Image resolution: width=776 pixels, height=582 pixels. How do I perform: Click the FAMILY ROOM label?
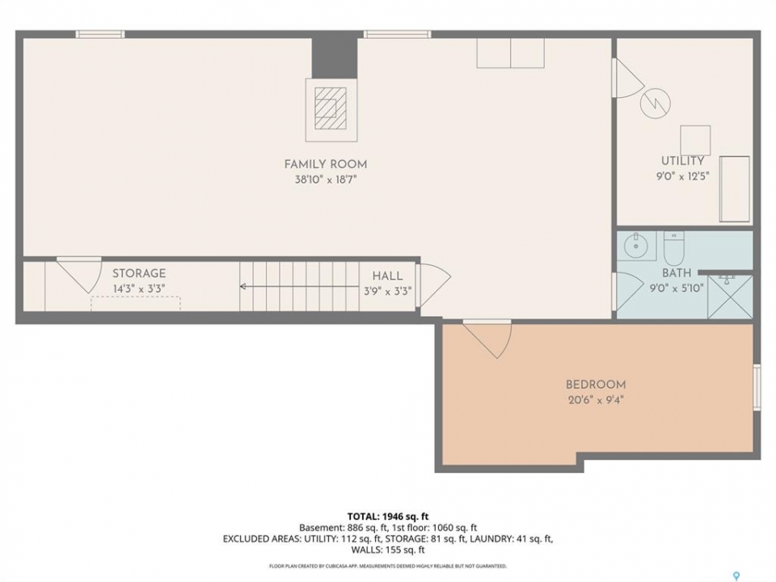tap(326, 164)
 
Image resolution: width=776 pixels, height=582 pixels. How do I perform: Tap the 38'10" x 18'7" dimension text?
tap(326, 179)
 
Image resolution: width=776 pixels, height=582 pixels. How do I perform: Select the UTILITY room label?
tap(683, 161)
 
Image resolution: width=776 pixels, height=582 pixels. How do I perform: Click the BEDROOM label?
tap(596, 385)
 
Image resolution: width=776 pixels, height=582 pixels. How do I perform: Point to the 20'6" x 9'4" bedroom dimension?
tap(596, 400)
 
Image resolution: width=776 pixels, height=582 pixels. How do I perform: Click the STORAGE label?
tap(139, 273)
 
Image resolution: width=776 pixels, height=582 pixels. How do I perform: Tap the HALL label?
tap(387, 276)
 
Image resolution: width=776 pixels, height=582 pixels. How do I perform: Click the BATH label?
tap(677, 272)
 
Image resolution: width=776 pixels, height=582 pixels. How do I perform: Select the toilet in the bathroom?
tap(673, 248)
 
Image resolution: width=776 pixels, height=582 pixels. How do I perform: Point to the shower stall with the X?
tap(731, 297)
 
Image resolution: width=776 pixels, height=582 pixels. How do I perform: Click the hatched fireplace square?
tap(331, 108)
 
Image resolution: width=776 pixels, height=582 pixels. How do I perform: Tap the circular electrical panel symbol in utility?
tap(656, 103)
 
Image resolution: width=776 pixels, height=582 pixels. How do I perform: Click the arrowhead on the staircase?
tap(243, 286)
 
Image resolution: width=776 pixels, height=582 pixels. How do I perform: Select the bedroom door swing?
tap(487, 339)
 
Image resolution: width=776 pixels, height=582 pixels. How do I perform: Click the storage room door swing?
tap(79, 275)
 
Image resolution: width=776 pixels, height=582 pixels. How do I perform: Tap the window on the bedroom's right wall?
tap(757, 387)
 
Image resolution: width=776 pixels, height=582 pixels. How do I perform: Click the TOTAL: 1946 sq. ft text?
tap(388, 517)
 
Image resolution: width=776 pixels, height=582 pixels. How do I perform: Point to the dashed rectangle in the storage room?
tap(136, 303)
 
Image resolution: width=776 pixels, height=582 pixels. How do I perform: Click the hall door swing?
tap(434, 285)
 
